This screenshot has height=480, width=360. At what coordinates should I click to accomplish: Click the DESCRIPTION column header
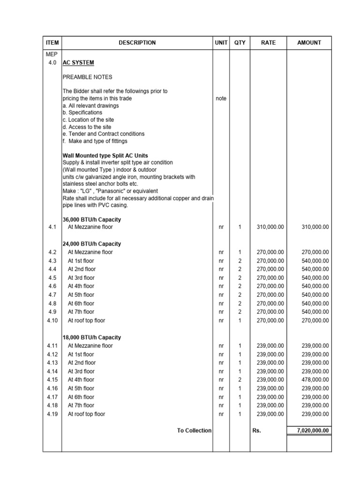point(137,43)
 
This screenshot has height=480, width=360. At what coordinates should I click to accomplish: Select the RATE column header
point(268,43)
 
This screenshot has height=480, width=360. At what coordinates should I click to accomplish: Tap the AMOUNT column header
point(309,43)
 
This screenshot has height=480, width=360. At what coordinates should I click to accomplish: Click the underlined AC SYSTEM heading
point(78,63)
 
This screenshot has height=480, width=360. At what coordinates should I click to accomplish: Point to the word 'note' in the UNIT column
point(221,98)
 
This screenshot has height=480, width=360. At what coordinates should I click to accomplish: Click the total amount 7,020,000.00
point(309,431)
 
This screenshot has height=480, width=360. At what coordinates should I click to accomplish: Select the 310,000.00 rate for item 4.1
point(270,227)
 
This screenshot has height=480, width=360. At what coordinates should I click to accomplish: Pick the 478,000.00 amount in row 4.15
point(315,380)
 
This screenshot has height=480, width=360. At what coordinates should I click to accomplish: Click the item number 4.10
point(52,321)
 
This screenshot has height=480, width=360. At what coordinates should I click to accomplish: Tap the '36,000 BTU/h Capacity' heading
point(92,219)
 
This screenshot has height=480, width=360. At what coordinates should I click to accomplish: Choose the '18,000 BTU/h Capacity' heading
point(92,337)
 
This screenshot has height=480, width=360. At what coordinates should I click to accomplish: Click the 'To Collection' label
point(194,431)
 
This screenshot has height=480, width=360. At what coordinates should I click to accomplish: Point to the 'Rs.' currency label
point(256,431)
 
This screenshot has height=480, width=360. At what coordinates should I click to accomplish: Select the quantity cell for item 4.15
point(240,380)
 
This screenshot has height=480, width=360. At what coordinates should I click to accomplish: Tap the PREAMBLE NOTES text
point(87,77)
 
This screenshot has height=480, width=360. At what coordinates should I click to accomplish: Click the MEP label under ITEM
point(52,54)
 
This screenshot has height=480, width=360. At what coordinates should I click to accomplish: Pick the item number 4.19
point(52,414)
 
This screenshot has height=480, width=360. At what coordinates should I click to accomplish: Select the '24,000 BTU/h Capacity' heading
point(92,244)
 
